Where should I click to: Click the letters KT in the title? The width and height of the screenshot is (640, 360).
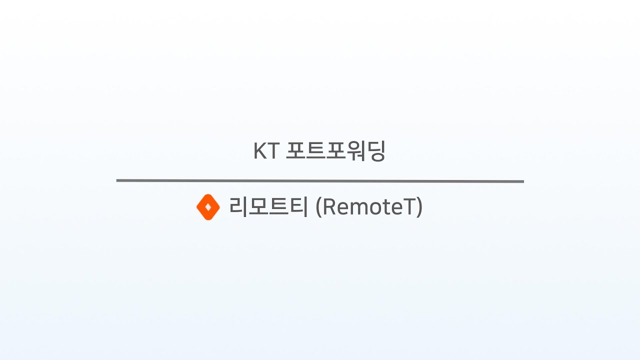(x=265, y=151)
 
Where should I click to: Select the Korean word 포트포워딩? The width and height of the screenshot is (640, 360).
(x=335, y=151)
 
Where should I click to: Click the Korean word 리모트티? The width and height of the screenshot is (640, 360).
(x=268, y=206)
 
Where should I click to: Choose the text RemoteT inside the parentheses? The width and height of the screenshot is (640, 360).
(x=369, y=207)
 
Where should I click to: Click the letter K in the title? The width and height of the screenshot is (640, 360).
(x=260, y=151)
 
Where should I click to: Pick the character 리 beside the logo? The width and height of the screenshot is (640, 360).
(x=238, y=206)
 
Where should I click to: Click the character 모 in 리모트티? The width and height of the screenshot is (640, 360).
(x=258, y=206)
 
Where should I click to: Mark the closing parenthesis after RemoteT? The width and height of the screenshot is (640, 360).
(x=419, y=207)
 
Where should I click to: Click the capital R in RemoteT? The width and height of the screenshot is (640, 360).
(x=330, y=207)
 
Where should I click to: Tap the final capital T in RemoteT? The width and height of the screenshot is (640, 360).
(x=410, y=207)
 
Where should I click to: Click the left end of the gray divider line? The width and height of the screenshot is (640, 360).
(x=118, y=180)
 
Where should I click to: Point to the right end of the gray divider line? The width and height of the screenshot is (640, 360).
(x=522, y=181)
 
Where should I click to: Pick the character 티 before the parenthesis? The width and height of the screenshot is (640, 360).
(x=298, y=206)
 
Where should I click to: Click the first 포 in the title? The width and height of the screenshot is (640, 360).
(x=295, y=151)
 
